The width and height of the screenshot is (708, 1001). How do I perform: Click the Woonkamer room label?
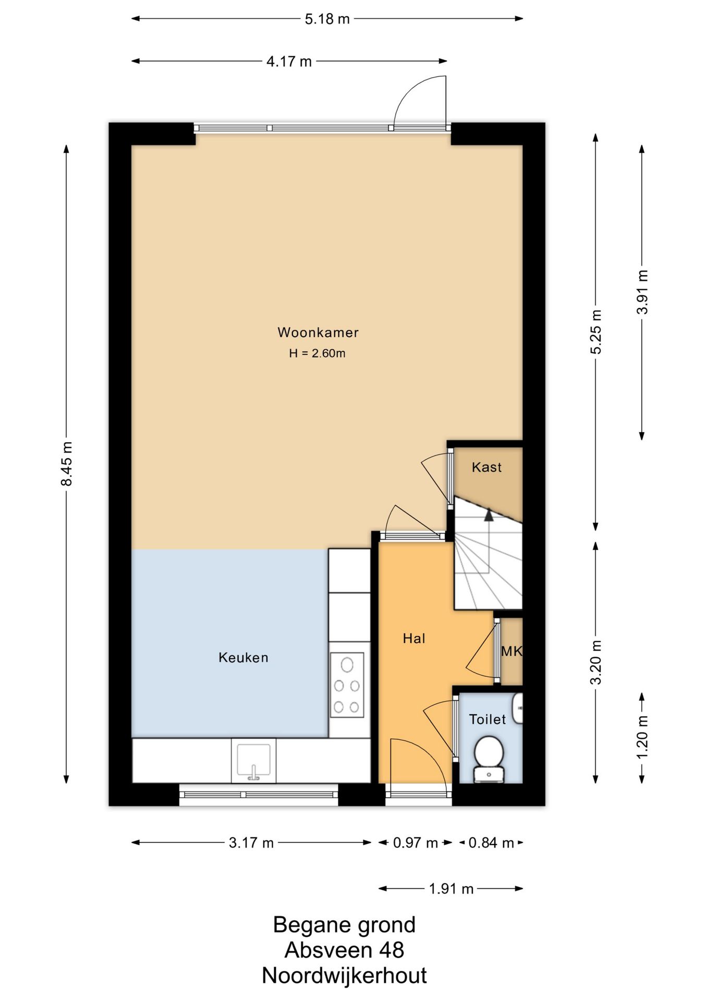click(x=318, y=332)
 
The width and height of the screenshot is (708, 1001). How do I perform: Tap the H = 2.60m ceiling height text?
click(x=318, y=353)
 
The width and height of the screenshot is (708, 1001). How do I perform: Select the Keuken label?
click(x=243, y=657)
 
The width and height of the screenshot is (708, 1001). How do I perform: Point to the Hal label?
click(x=414, y=638)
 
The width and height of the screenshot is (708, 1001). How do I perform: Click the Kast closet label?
click(x=487, y=467)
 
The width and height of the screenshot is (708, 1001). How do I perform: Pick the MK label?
click(x=511, y=651)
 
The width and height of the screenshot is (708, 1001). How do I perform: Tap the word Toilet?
click(x=487, y=719)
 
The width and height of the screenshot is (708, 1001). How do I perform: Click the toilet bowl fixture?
click(x=489, y=759)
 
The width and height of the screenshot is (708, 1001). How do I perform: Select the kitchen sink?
click(x=254, y=761)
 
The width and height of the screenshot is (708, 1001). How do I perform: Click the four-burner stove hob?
click(x=347, y=685)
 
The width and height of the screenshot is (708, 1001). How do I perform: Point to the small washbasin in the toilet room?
click(x=517, y=708)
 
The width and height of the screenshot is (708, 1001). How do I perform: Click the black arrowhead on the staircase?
click(x=489, y=515)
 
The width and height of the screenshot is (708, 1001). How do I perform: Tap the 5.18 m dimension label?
click(x=327, y=19)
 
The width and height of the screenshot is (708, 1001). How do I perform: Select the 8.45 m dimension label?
click(x=67, y=463)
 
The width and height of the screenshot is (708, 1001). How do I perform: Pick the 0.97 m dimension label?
click(x=415, y=843)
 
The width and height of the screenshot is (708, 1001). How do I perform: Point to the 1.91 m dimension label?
click(x=451, y=888)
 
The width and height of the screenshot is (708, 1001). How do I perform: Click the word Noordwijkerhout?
click(x=344, y=975)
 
